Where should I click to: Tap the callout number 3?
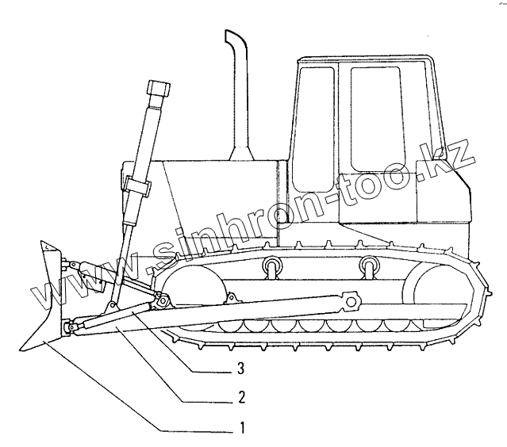pos(240,369)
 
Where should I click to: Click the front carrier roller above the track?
pos(272,266)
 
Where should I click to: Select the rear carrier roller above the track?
pos(367,266)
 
